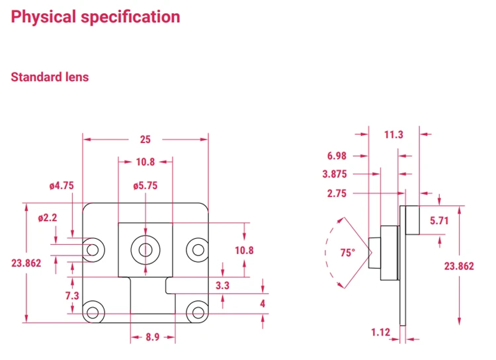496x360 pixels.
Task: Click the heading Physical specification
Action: pos(95,17)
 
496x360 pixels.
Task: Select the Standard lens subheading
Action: pos(50,77)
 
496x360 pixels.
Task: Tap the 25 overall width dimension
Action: pos(145,139)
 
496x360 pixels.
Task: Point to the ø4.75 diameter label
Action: pos(61,186)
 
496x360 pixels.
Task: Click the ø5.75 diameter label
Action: pos(145,186)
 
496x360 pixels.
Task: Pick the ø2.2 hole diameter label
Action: pos(48,218)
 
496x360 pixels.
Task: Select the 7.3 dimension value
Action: pos(72,295)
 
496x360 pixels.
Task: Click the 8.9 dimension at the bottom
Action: pos(152,337)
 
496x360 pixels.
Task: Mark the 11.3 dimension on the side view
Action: pos(393,134)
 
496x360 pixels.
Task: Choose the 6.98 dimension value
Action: pos(337,156)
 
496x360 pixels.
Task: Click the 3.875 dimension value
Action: pos(335,175)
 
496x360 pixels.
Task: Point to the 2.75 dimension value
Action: pos(337,193)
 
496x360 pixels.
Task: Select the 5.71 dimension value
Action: pos(439,221)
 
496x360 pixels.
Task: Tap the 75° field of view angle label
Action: pos(347,253)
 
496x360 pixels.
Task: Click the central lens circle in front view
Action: pos(145,249)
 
